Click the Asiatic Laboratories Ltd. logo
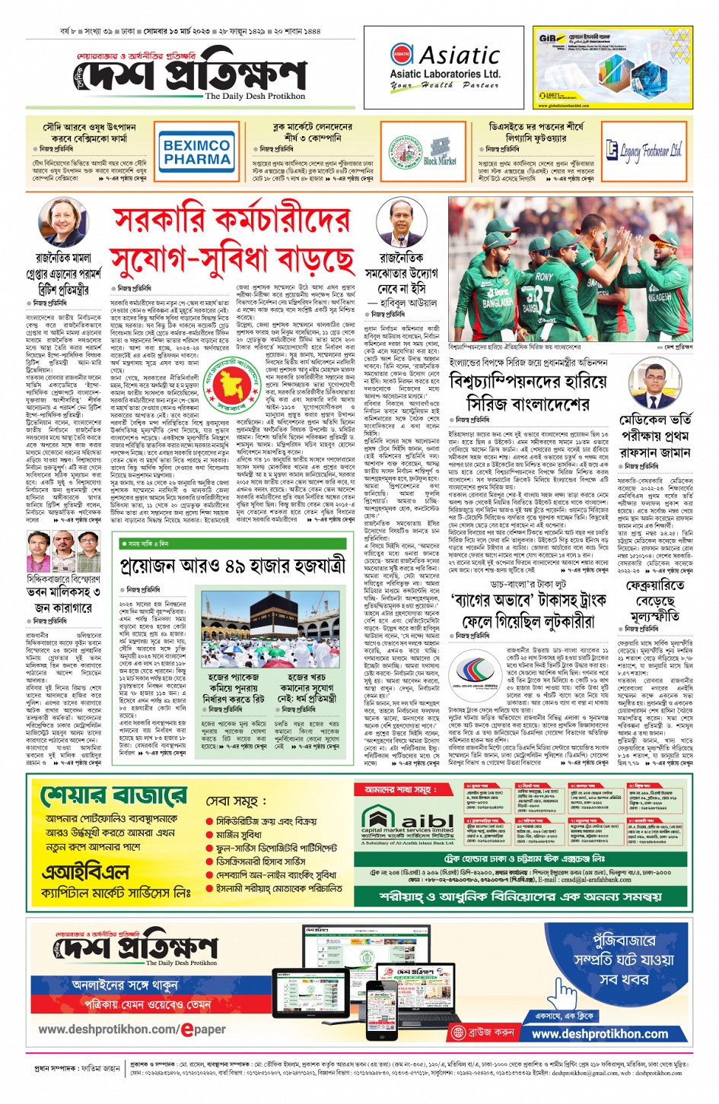444,67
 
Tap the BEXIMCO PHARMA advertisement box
196,151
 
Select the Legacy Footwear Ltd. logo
644,151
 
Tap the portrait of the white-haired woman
62,222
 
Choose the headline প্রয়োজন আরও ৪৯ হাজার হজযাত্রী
232,565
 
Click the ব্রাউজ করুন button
484,1033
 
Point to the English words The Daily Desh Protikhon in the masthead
255,97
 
